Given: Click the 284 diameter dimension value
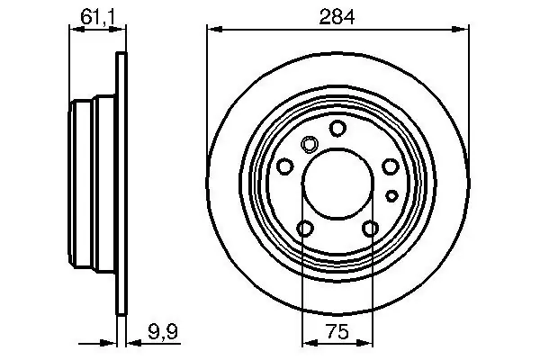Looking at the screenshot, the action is pyautogui.click(x=337, y=17).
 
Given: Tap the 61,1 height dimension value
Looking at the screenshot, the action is pyautogui.click(x=97, y=17).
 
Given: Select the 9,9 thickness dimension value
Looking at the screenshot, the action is pyautogui.click(x=163, y=332).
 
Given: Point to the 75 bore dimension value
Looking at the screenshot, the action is pyautogui.click(x=337, y=331).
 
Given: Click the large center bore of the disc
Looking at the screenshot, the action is pyautogui.click(x=337, y=184).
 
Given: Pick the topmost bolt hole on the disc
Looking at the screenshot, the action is pyautogui.click(x=337, y=128).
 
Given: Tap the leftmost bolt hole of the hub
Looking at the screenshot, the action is pyautogui.click(x=285, y=166).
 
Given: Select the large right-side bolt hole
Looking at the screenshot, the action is pyautogui.click(x=391, y=166).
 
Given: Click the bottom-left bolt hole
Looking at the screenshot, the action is pyautogui.click(x=305, y=228).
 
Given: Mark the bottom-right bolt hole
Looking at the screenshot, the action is pyautogui.click(x=371, y=229).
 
